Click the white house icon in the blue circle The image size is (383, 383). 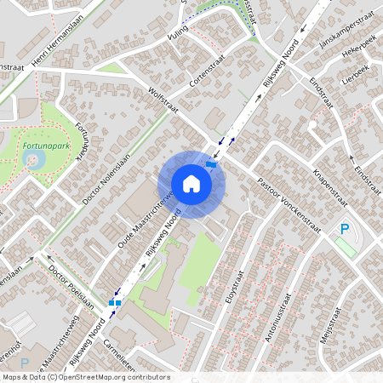(x=191, y=184)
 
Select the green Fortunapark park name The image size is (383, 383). (x=45, y=146)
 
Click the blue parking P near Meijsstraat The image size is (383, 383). (x=345, y=229)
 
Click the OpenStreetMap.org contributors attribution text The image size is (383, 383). (x=111, y=377)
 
